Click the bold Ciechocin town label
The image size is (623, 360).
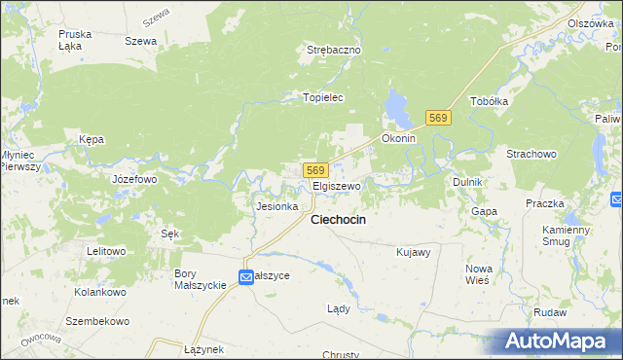tap(338, 220)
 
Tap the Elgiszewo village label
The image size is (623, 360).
tap(337, 185)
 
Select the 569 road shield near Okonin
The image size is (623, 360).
tap(438, 118)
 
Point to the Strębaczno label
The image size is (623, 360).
tap(334, 49)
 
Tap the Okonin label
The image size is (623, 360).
tap(398, 138)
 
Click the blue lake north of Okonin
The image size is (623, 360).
tap(397, 107)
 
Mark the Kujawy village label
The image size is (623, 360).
tap(414, 252)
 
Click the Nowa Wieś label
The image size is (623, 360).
tap(478, 274)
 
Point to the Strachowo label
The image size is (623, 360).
tap(531, 154)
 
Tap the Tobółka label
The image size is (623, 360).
tap(490, 101)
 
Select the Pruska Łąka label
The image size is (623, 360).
tap(75, 39)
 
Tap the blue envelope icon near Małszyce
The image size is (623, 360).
tap(246, 276)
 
